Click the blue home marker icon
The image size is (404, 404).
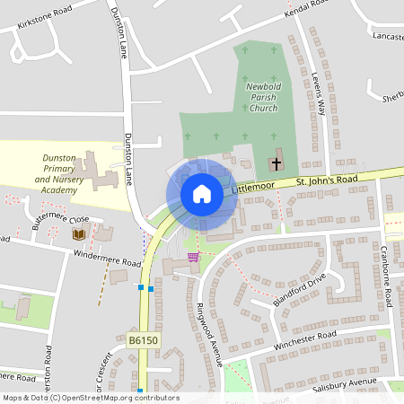coord(201,194)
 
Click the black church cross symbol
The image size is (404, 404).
coord(276,164)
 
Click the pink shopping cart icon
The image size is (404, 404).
coord(192,257)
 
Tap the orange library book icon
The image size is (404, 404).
coord(78,234)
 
